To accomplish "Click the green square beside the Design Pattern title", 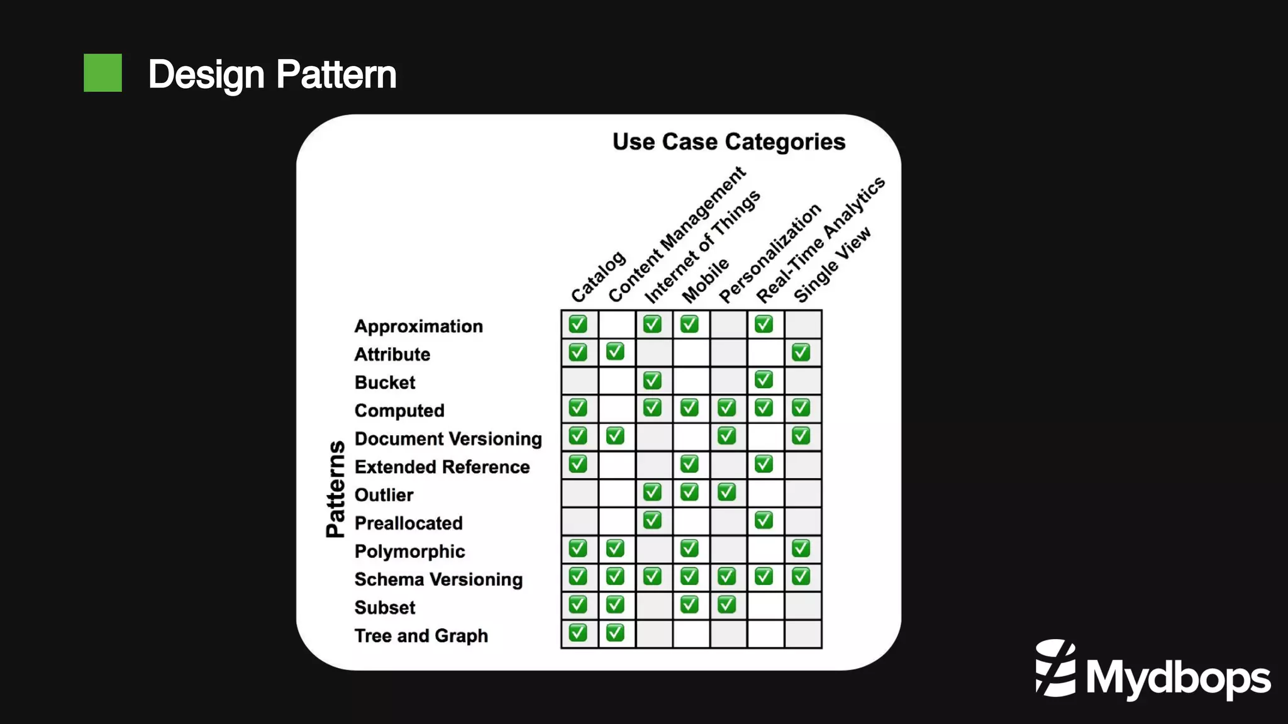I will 103,73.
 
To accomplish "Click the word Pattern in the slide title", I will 336,74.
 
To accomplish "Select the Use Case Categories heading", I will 728,142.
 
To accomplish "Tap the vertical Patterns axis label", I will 336,489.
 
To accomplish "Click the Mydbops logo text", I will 1177,678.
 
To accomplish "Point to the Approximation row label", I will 418,326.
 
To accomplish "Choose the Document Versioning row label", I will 448,438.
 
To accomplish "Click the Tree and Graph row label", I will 421,635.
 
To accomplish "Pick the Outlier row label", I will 384,495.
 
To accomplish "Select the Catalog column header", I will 597,277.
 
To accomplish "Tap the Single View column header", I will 831,265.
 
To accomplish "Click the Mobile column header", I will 705,280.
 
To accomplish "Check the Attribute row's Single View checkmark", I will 801,352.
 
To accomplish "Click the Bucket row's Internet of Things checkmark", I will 652,380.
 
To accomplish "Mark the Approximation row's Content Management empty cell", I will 616,325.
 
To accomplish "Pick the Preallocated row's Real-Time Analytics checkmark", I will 763,520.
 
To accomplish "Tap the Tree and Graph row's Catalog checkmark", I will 578,633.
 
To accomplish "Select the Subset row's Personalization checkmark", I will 726,604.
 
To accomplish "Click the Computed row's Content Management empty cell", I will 616,408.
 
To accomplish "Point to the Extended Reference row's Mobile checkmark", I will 689,464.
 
